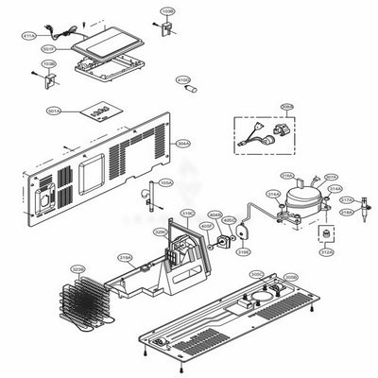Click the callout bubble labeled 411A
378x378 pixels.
coord(28,35)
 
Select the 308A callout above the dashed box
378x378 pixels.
coord(260,108)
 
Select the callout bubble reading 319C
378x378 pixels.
coord(187,214)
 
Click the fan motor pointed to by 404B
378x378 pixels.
coord(223,240)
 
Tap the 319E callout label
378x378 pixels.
coord(243,252)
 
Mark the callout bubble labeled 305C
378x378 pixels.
coord(255,274)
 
